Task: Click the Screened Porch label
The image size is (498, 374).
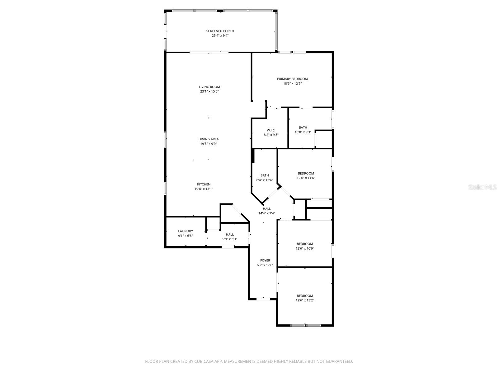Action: pos(220,31)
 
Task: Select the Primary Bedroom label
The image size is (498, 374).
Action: pos(292,79)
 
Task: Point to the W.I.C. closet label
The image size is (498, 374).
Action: pos(271,130)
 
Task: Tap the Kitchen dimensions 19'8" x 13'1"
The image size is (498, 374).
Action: pos(204,189)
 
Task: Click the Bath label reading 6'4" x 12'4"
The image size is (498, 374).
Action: pos(265,175)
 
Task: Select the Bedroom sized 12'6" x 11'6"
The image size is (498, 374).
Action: pos(306,174)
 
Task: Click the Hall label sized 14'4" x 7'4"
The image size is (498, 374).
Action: pos(266,209)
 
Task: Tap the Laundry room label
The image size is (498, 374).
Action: pos(186,231)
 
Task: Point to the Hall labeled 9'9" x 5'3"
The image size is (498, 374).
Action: pos(230,235)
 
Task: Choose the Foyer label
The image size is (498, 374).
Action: pos(265,261)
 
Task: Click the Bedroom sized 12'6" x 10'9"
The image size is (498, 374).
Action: pos(305,244)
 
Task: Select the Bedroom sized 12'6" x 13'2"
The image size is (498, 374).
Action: pos(305,296)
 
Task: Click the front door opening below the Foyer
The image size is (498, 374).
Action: pos(263,299)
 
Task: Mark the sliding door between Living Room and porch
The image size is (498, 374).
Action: pos(209,52)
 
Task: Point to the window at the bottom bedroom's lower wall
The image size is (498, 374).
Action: pos(305,325)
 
